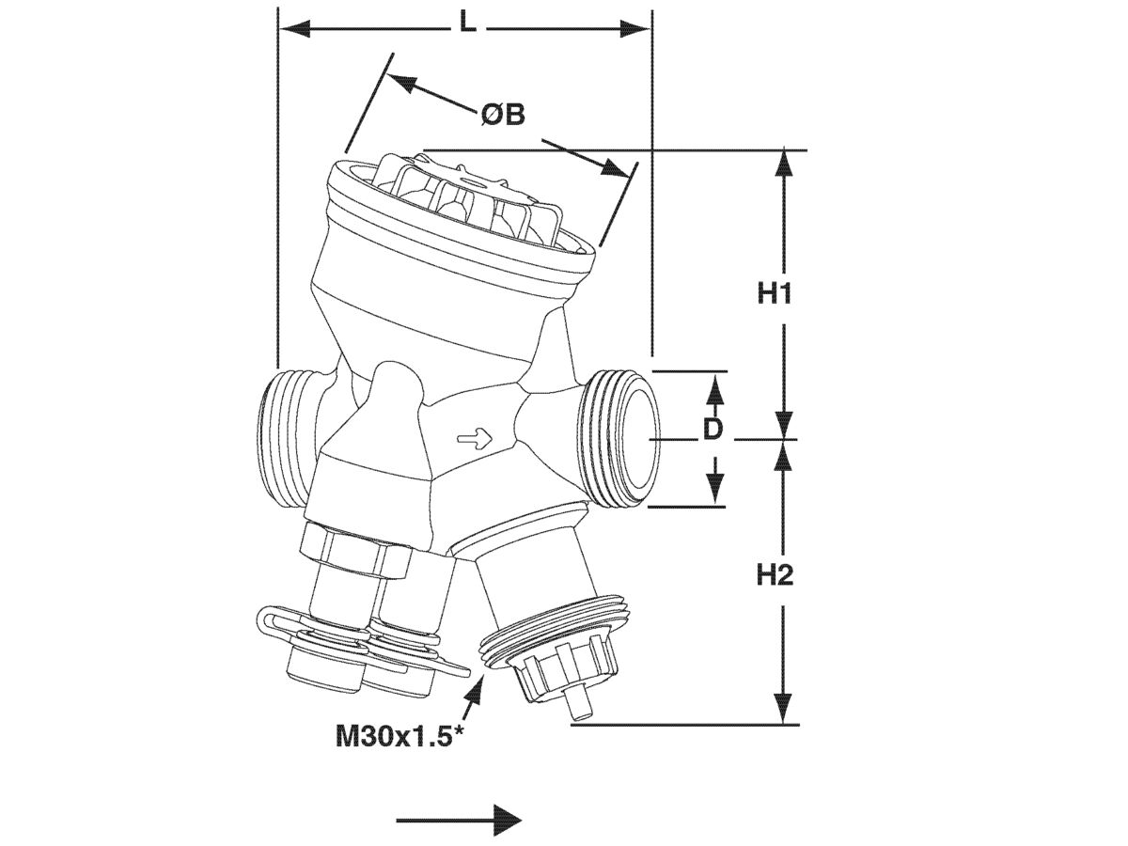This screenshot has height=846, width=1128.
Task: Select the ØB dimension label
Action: point(502,115)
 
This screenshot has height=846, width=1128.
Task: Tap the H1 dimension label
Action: point(775,293)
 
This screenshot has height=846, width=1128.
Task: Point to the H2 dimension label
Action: point(775,574)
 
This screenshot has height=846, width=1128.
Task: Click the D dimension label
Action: point(714,430)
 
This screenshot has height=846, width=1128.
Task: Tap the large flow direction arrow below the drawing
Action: point(460,820)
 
